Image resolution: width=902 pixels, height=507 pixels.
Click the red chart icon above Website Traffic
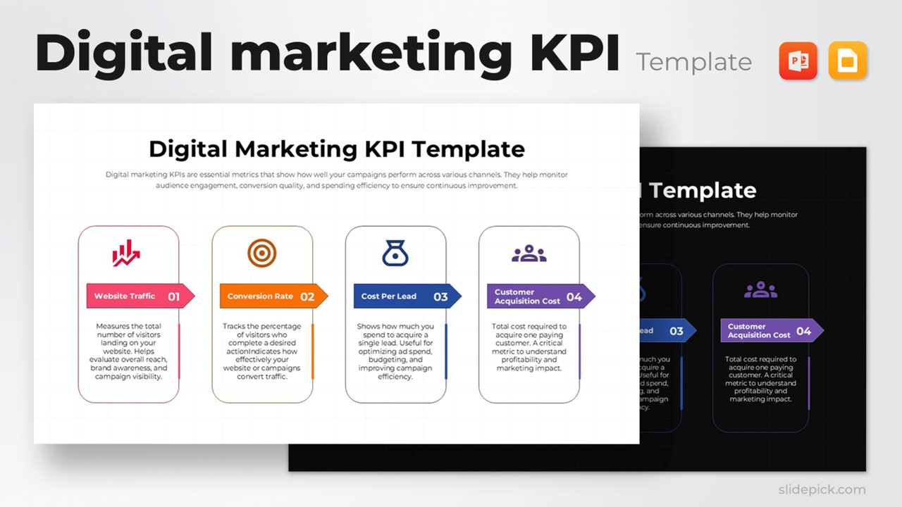[x=126, y=254]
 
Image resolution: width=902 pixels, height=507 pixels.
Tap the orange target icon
[x=261, y=253]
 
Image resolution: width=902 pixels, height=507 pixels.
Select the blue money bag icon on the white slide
[x=395, y=253]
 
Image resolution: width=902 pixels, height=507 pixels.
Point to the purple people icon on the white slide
[x=529, y=254]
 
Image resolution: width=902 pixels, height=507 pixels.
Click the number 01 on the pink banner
[x=173, y=297]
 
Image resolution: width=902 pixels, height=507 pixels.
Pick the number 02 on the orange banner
[x=307, y=297]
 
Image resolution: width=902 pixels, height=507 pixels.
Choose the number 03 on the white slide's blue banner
[x=440, y=297]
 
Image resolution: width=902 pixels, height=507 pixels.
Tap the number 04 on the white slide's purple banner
[x=574, y=297]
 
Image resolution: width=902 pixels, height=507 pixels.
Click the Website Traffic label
[x=125, y=296]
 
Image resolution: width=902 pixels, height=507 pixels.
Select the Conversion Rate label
[x=260, y=296]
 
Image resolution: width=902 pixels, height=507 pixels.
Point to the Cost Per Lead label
[x=389, y=296]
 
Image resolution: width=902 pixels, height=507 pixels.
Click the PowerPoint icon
[x=798, y=61]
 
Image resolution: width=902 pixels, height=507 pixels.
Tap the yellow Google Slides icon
[x=848, y=61]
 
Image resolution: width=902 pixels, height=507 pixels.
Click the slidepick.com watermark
[x=822, y=489]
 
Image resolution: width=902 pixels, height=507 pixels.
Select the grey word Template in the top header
[x=693, y=63]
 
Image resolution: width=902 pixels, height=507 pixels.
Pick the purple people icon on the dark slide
[x=760, y=289]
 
